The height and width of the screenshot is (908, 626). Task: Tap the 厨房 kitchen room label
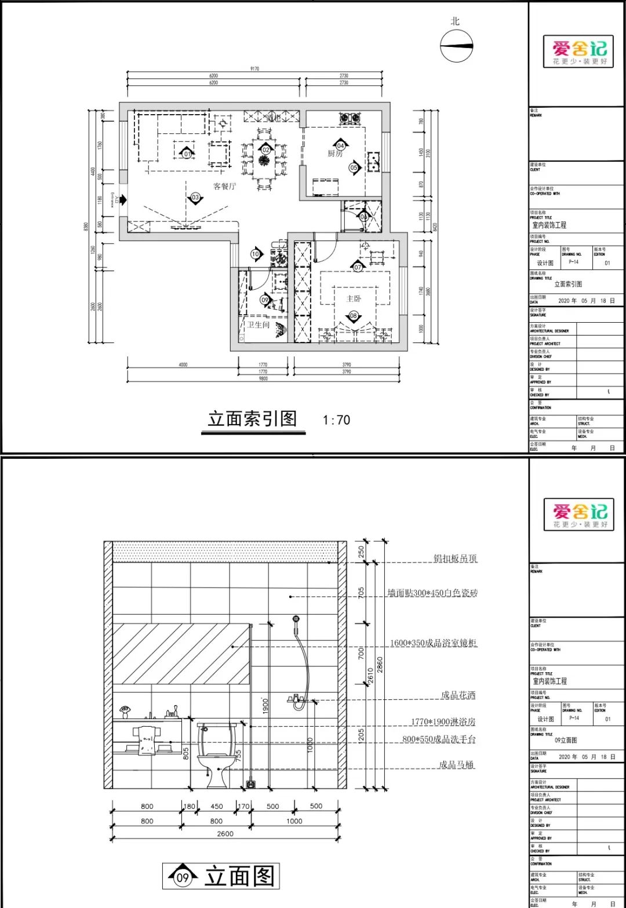point(335,154)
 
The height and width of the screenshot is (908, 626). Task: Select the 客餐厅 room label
point(224,186)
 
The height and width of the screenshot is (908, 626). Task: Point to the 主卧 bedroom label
point(353,298)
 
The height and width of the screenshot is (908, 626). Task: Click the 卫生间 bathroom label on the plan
point(259,324)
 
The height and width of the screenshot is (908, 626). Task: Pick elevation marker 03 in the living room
point(195,198)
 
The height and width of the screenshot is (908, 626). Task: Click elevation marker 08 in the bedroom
point(353,316)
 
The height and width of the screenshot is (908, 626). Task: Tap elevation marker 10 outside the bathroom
point(256,254)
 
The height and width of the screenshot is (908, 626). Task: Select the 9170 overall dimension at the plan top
point(254,69)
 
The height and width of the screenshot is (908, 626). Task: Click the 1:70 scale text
point(336,420)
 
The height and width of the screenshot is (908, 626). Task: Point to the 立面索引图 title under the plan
point(252,419)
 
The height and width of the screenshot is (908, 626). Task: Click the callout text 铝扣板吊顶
point(456,559)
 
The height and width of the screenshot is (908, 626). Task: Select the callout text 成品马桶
point(456,765)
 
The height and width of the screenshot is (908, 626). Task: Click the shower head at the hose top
point(296,619)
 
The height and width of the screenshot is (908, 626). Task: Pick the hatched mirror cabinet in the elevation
point(181,654)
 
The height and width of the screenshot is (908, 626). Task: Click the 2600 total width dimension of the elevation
point(225,833)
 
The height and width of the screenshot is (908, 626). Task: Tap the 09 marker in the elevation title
point(183,877)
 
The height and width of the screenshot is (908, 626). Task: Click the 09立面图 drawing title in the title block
point(565,740)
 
